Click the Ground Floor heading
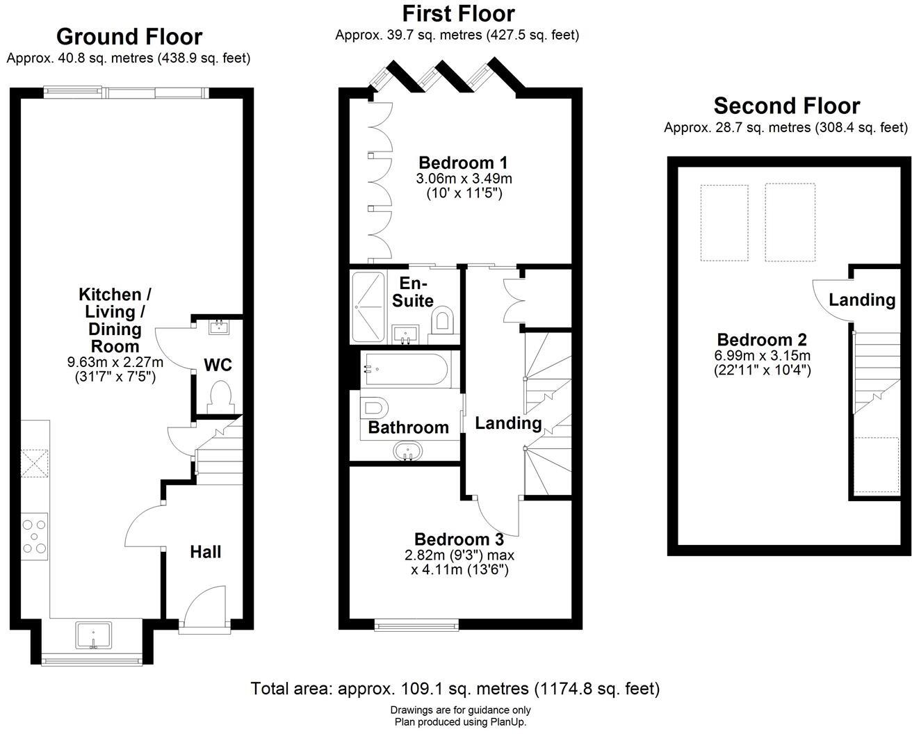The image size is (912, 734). click(x=129, y=36)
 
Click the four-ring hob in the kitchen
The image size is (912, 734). click(x=35, y=535)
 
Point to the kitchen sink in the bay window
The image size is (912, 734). click(x=93, y=636)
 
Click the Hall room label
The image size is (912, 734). click(x=206, y=552)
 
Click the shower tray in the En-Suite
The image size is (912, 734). click(x=367, y=307)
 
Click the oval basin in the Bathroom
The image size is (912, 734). click(x=407, y=452)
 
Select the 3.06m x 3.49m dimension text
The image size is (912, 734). click(x=464, y=179)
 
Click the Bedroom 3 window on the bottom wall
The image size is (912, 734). click(x=416, y=626)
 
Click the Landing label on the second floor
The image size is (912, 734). click(x=862, y=300)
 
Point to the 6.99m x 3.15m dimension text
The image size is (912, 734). click(x=762, y=356)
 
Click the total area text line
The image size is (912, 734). click(x=455, y=689)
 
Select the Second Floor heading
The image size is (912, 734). click(x=786, y=106)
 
